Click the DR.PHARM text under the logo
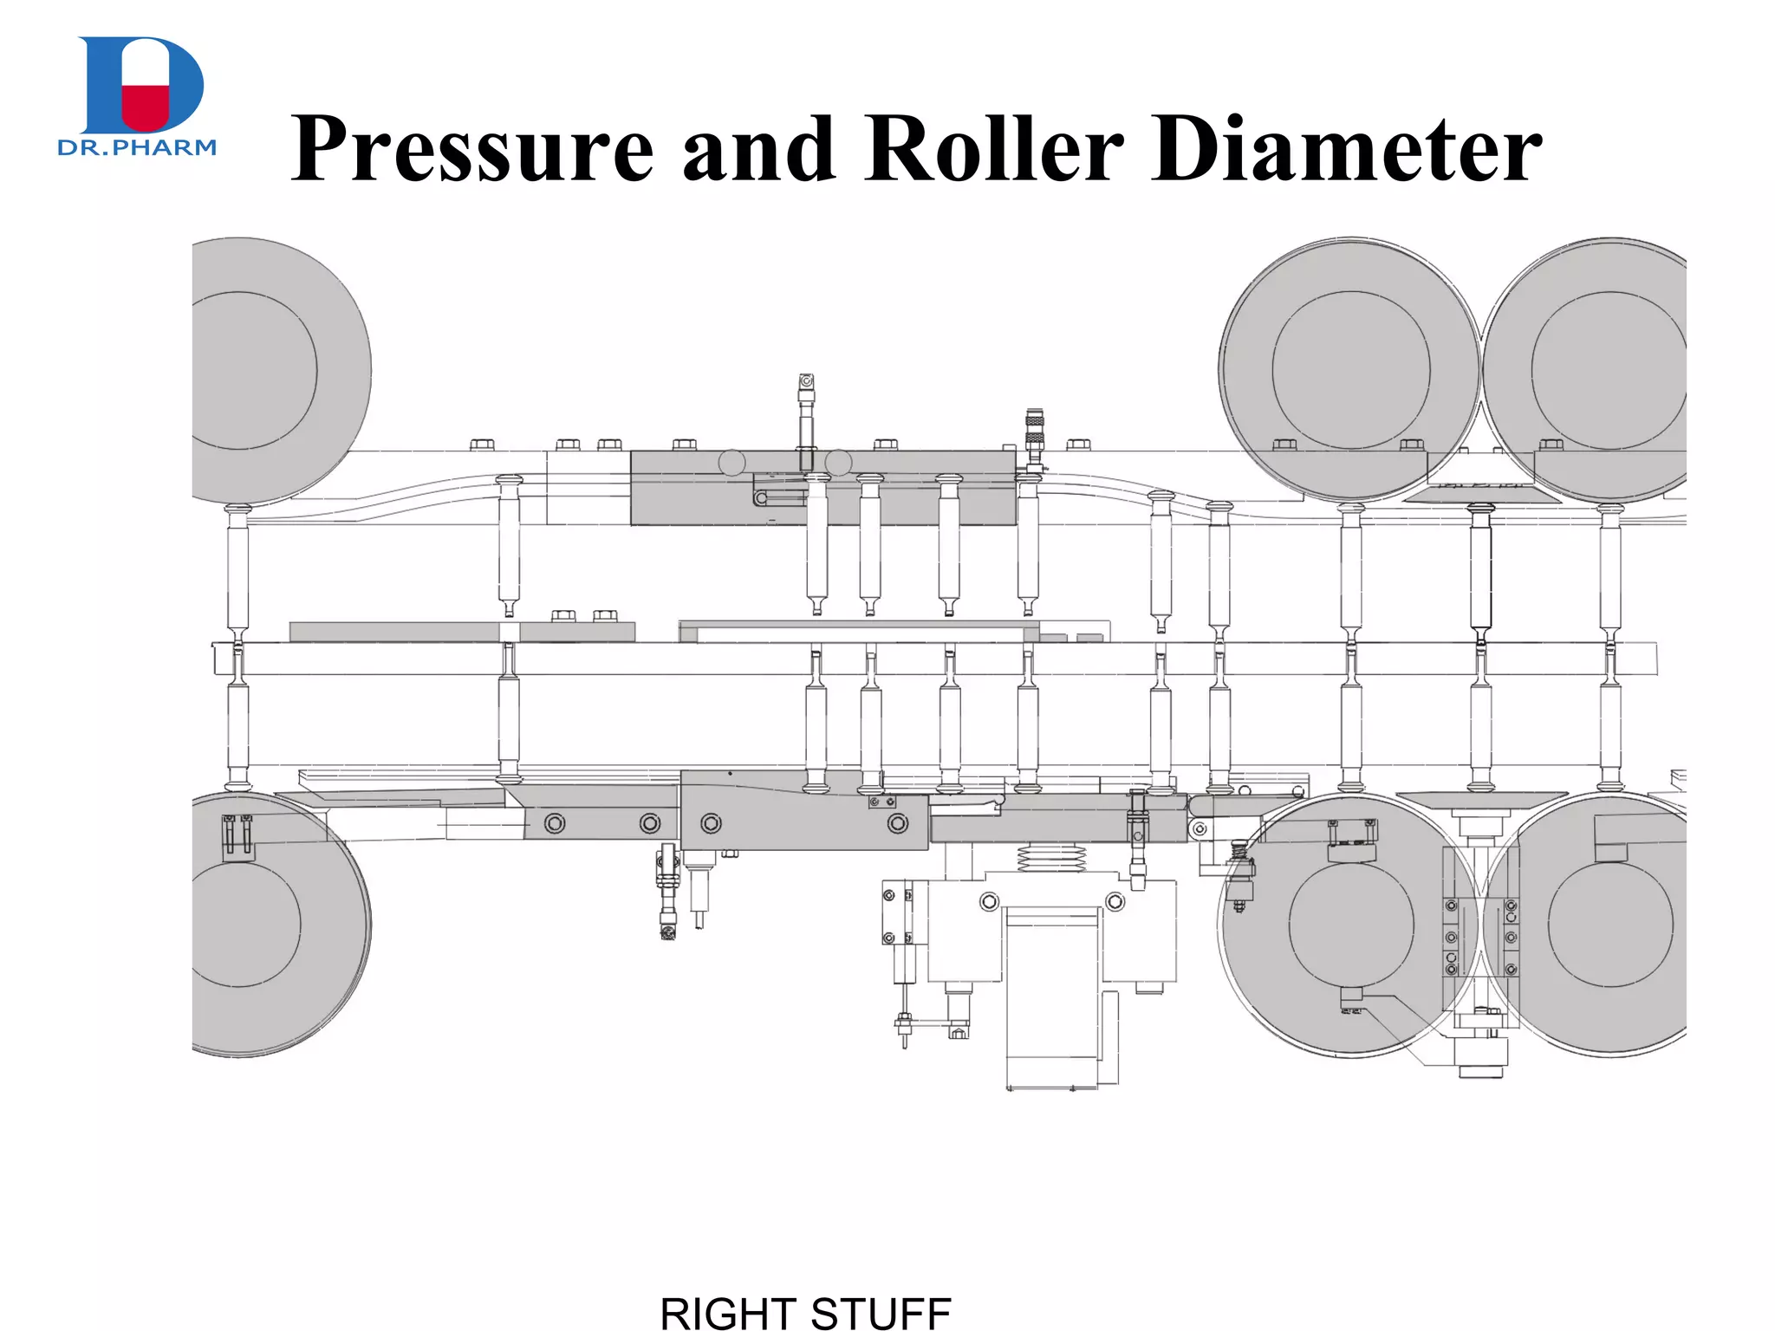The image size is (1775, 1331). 137,148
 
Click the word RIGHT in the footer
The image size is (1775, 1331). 727,1313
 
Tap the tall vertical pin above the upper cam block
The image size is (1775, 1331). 806,416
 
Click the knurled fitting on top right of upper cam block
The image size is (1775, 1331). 1033,427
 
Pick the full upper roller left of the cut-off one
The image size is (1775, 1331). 1349,370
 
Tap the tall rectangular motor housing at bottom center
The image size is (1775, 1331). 1052,997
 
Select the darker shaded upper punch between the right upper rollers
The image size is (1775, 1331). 1480,568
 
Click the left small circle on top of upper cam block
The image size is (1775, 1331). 731,463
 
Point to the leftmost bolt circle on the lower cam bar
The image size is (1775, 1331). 555,823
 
